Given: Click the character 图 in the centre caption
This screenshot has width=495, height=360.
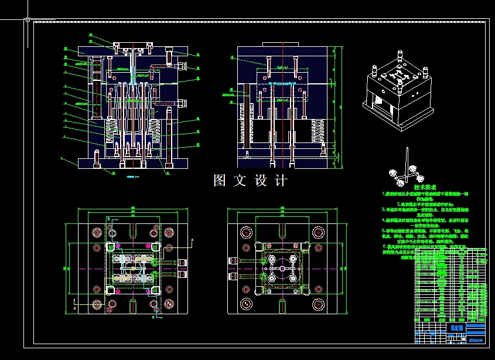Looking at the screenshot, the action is [x=220, y=181].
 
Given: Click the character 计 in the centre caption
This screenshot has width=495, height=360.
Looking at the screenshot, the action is [x=281, y=181].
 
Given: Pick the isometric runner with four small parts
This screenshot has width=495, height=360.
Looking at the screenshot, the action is [x=404, y=172].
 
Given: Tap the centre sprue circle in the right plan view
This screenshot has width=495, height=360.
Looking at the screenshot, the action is [x=282, y=268].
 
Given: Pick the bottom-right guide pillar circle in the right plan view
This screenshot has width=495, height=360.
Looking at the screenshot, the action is [x=319, y=304].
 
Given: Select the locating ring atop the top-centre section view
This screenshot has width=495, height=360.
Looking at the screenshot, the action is [x=282, y=48].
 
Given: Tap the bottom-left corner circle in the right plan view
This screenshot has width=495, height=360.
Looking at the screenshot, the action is [x=245, y=304].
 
